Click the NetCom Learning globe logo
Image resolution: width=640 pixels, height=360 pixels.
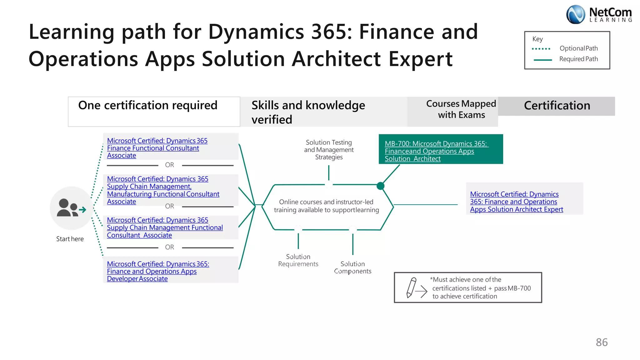[575, 14]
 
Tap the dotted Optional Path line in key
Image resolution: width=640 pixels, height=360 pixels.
[541, 49]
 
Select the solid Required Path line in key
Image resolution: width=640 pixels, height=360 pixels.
[543, 60]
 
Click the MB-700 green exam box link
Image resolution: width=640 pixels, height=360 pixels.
[436, 151]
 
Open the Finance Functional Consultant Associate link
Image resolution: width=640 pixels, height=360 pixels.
[157, 148]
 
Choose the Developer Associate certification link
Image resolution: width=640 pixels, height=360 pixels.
[157, 271]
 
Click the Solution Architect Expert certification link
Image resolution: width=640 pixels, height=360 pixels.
[516, 202]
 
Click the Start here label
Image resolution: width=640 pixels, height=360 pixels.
[70, 239]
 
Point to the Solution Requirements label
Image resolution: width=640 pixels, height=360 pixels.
[298, 260]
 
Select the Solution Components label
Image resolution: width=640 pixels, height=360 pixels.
[352, 267]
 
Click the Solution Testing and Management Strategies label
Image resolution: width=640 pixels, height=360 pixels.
[329, 150]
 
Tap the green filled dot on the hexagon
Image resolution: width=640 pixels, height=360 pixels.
[380, 186]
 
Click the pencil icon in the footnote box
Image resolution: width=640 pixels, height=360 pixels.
[411, 287]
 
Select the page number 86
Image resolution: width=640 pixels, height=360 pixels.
[602, 342]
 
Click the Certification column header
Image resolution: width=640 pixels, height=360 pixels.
[557, 106]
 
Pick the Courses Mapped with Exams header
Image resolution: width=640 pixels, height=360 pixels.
[461, 109]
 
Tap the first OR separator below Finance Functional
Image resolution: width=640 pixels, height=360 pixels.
[169, 165]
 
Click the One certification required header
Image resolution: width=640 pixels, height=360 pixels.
[148, 106]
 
